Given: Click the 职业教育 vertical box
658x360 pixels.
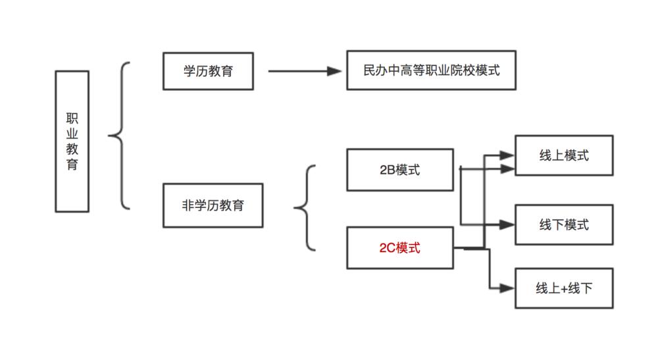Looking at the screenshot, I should [x=72, y=141].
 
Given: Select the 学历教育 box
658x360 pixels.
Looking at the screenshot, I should [x=208, y=70].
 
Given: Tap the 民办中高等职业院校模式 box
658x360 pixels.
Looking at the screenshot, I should [x=431, y=70].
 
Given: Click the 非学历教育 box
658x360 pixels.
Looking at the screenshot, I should [x=213, y=205].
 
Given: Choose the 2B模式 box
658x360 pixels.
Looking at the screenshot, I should [x=400, y=170].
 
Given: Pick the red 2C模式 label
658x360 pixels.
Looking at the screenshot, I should [x=400, y=248].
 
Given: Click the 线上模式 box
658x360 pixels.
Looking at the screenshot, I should [x=564, y=155].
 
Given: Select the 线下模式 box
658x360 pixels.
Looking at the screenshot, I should [x=564, y=224].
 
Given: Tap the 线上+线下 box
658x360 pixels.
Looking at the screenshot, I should [x=564, y=288].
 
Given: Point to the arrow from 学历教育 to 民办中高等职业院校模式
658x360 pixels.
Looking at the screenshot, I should [x=306, y=70].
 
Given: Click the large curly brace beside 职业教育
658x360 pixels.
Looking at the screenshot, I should [x=118, y=136].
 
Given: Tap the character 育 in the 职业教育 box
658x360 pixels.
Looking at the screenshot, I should [x=72, y=165].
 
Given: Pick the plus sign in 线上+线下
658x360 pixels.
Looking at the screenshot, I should [x=563, y=289].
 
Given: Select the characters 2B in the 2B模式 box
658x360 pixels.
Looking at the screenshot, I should [x=388, y=170].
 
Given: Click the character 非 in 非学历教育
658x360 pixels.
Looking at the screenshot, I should [x=188, y=205].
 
